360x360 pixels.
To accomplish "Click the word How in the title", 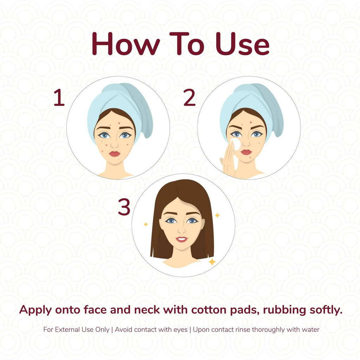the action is (126, 44).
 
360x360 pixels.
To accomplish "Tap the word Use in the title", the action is (243, 44).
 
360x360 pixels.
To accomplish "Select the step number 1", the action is (59, 98).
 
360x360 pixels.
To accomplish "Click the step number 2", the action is (189, 98).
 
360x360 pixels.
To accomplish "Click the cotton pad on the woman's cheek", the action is (236, 144).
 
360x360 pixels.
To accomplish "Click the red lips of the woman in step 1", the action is (114, 154).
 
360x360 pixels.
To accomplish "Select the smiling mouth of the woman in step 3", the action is (182, 239).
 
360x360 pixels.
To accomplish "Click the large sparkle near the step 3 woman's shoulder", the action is (212, 262).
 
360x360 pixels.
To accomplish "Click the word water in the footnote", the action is (310, 330).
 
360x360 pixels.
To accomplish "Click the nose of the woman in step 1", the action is (114, 144).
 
